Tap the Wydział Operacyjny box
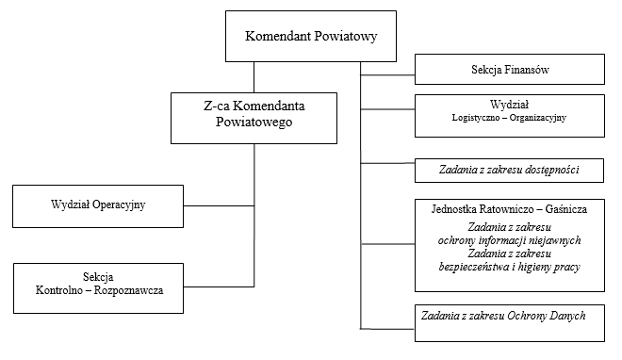pos(98,204)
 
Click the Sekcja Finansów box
pos(510,70)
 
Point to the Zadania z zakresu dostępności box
pos(510,170)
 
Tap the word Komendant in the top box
pos(276,38)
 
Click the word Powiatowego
pos(254,123)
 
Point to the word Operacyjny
pos(125,204)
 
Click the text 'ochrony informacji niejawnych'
pos(510,239)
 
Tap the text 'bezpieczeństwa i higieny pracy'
pos(510,267)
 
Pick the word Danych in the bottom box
pos(565,315)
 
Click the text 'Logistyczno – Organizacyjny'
pos(510,118)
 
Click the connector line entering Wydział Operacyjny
pos(219,205)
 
